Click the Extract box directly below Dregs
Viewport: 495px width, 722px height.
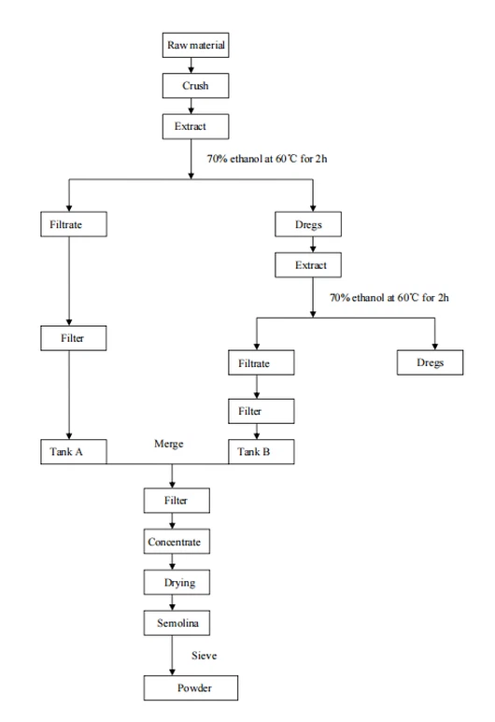312,266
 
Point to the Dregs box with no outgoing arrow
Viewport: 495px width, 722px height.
430,361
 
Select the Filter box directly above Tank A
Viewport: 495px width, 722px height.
74,336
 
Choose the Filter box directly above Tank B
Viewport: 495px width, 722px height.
261,410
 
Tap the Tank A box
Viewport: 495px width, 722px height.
74,451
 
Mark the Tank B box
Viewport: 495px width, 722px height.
261,451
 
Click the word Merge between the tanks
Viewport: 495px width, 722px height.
169,444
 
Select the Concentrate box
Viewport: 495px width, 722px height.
175,542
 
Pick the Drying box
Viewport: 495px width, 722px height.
175,582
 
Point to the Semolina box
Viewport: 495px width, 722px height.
175,622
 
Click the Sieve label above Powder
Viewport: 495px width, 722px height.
204,656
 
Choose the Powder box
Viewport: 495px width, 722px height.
190,689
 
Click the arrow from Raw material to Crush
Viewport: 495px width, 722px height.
191,65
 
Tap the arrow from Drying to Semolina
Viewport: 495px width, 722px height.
173,602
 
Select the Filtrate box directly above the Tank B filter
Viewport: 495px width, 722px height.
261,362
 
